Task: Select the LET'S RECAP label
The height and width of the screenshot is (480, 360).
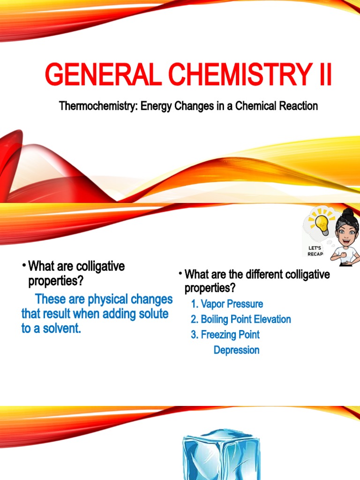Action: tap(315, 250)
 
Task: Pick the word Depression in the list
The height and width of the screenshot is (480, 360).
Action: tap(236, 350)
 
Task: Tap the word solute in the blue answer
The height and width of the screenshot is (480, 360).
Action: tap(149, 314)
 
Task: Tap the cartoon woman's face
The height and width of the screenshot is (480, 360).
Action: tap(346, 233)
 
